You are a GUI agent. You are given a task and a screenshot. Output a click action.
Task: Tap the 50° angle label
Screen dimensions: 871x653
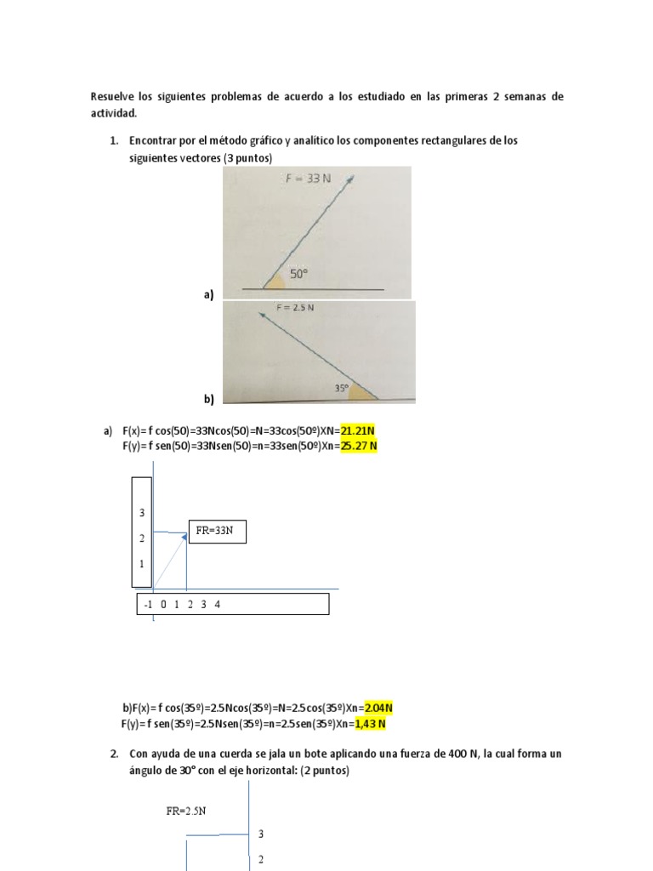(x=298, y=275)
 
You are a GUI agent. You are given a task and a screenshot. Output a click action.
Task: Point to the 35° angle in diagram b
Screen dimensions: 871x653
(x=342, y=388)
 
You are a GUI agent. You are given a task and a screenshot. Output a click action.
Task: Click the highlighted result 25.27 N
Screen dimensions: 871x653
(x=359, y=445)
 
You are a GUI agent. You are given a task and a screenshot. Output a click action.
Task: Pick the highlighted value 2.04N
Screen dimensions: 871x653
(x=378, y=708)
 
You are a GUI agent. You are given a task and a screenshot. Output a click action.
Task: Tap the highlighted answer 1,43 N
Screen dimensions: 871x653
(x=370, y=723)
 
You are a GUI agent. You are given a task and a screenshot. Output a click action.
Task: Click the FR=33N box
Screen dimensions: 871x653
(x=217, y=533)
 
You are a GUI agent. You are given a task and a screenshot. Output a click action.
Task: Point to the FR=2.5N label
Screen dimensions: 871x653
(x=186, y=811)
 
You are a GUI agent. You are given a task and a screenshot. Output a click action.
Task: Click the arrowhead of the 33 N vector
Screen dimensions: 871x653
(x=349, y=178)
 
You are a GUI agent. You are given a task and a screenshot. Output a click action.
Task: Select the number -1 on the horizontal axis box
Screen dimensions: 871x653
(x=149, y=605)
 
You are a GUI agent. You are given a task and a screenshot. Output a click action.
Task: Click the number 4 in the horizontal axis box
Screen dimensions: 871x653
(x=217, y=605)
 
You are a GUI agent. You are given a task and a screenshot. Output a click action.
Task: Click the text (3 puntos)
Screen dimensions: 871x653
(x=243, y=158)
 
